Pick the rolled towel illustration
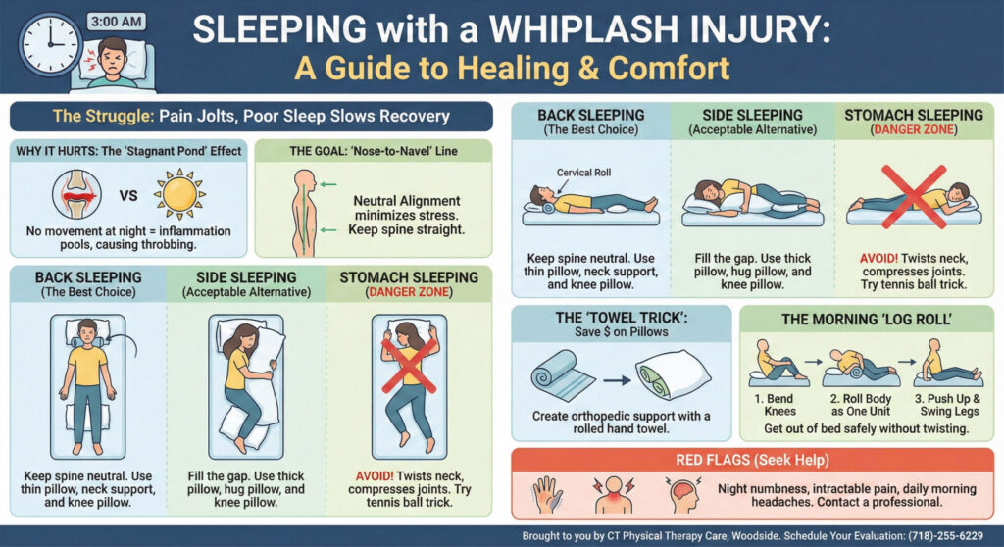pyautogui.click(x=563, y=377)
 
